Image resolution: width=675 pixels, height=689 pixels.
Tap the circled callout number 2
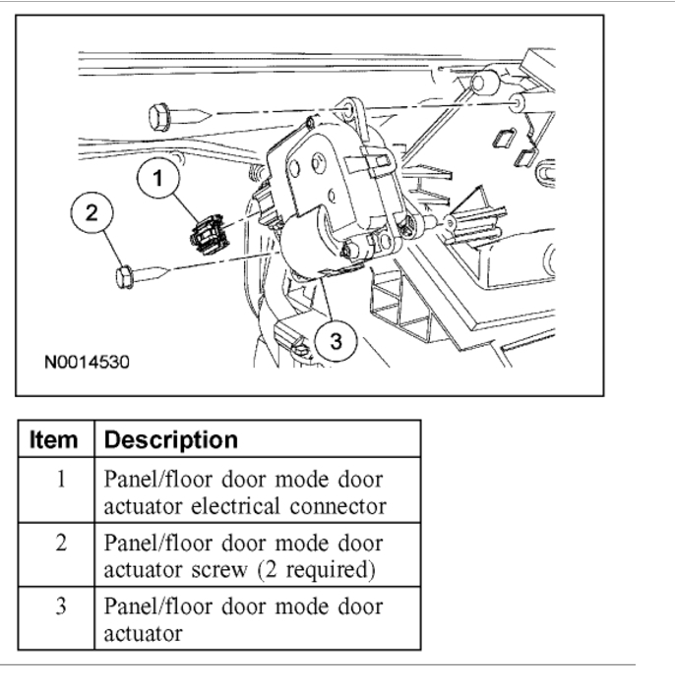(92, 212)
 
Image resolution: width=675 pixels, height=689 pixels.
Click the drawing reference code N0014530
(87, 362)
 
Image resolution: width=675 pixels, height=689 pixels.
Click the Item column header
(55, 439)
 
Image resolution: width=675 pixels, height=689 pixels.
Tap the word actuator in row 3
(143, 633)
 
